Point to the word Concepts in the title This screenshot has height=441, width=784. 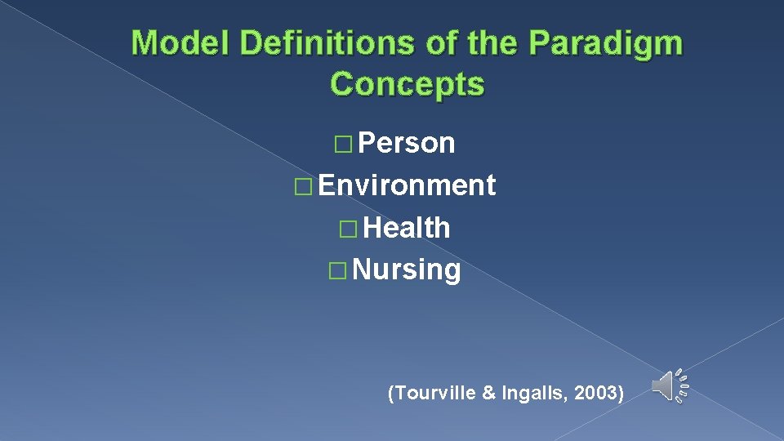(x=407, y=83)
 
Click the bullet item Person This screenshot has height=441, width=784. (x=407, y=143)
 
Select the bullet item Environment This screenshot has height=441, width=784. (x=407, y=185)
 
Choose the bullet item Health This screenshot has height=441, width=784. (x=407, y=228)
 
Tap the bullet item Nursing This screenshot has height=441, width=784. (x=407, y=269)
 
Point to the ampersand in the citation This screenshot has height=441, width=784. (x=489, y=394)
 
